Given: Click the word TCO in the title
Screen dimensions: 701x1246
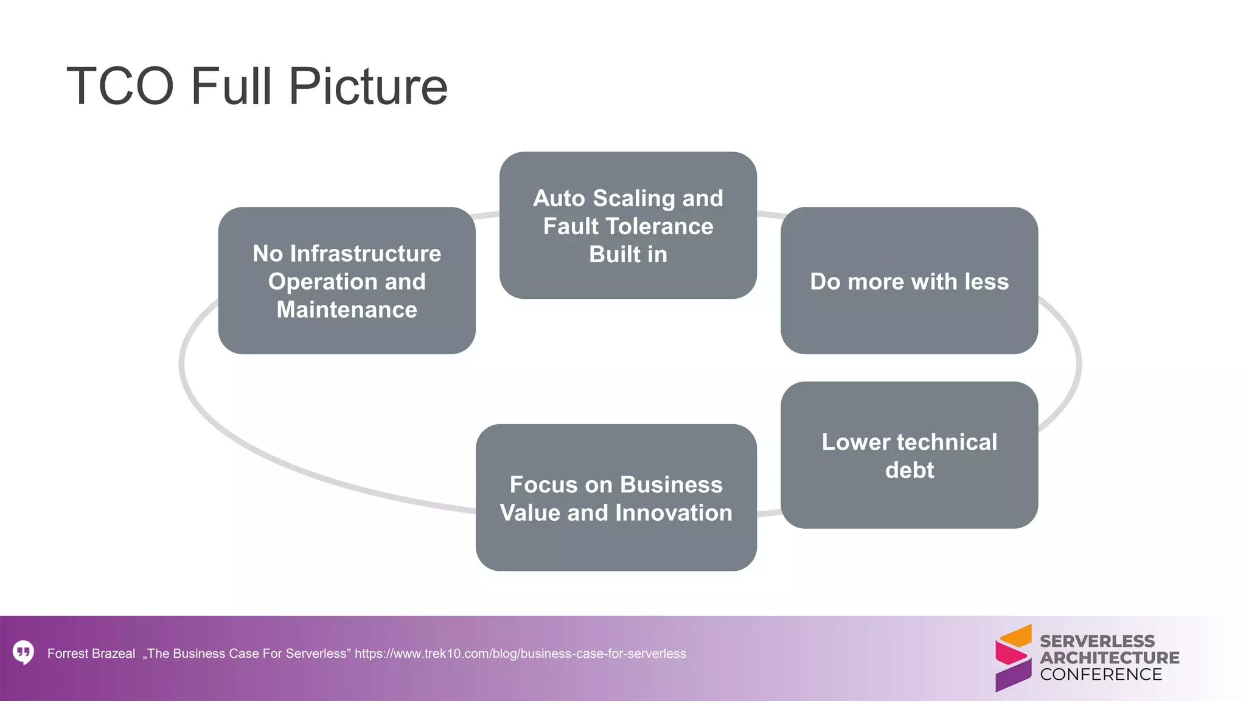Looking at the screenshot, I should point(120,86).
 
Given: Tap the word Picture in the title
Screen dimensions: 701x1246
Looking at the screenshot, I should point(368,86).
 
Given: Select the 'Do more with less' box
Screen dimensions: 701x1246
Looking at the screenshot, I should point(909,281).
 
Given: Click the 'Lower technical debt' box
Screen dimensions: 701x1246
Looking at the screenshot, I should point(909,455).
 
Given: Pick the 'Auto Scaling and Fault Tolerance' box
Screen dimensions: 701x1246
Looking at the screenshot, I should point(628,226).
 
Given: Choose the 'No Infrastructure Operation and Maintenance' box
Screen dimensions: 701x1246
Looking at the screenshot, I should point(347,281).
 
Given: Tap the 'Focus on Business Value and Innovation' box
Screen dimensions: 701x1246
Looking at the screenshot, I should point(616,498).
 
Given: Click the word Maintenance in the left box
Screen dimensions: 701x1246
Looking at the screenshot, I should point(347,310).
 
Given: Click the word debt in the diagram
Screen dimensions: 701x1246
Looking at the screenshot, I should point(909,470).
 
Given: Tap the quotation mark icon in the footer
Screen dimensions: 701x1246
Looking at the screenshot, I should point(23,652).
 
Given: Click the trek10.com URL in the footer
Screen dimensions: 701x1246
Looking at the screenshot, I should point(520,654).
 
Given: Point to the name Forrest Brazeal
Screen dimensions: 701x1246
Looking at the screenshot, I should point(91,654).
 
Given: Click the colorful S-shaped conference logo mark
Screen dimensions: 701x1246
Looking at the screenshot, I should point(1013,658).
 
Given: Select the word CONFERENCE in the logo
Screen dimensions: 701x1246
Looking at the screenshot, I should point(1101,674).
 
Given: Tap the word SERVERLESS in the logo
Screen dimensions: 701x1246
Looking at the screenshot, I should point(1097,641).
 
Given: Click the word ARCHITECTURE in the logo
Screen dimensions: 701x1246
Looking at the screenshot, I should point(1109,658).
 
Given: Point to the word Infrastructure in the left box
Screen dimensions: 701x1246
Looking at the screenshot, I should point(366,254).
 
